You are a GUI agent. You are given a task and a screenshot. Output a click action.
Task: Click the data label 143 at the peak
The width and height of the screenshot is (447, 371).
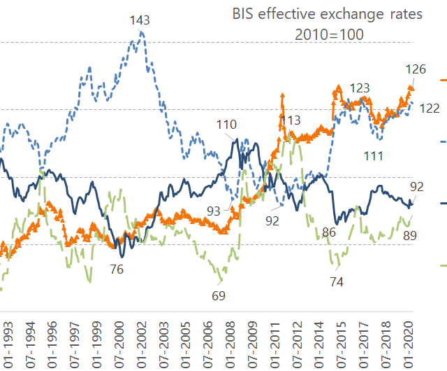point(140,20)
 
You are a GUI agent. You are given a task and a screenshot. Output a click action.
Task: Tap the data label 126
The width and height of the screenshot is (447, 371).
point(416,69)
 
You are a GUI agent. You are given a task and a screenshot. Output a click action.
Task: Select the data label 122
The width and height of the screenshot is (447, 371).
point(428,108)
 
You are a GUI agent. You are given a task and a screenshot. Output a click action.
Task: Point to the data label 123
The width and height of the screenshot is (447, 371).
point(359,88)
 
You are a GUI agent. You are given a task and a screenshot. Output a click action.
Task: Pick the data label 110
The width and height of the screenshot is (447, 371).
point(227,125)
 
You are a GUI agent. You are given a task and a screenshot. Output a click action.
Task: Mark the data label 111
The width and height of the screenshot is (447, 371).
point(374,155)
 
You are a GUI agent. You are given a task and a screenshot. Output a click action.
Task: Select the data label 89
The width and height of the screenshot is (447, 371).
point(410,235)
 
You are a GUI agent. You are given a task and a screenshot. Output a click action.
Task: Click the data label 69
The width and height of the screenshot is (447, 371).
point(219,295)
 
